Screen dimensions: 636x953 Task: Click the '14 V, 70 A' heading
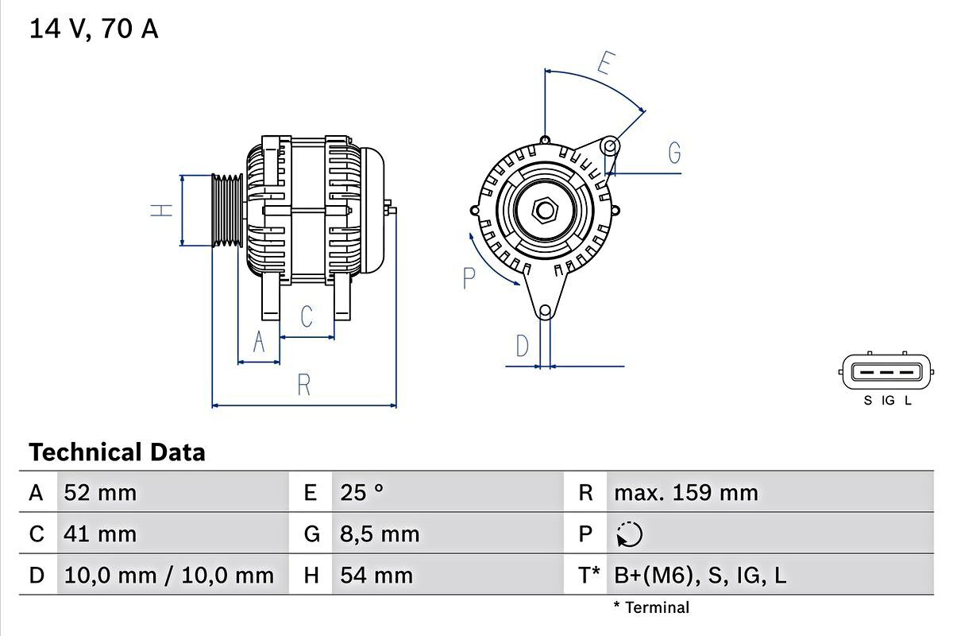pos(94,29)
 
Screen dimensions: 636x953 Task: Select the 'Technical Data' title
pos(117,452)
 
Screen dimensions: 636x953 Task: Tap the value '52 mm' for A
pos(100,493)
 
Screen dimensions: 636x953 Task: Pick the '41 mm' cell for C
pos(100,533)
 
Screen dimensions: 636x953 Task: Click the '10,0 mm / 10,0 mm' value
pos(168,575)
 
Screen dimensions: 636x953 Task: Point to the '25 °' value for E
pos(361,493)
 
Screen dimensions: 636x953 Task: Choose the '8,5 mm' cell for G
pos(380,533)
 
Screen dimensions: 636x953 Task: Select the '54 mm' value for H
pos(376,575)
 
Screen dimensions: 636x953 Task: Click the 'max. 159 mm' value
pos(685,493)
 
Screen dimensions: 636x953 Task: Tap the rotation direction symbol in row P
pos(629,534)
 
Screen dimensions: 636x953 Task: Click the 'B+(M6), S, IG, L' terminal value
pos(700,575)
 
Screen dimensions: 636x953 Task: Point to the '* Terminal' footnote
pos(651,608)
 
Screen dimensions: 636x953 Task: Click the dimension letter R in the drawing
pos(303,385)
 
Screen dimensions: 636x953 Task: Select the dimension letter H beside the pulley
pos(162,210)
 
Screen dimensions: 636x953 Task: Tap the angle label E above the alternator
pos(606,63)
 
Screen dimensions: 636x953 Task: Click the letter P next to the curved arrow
pos(469,278)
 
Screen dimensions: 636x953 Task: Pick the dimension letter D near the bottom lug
pos(522,346)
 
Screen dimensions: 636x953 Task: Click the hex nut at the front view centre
pos(545,210)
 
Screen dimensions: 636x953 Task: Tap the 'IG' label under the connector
pos(888,401)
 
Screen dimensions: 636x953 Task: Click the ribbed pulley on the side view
pos(227,210)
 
